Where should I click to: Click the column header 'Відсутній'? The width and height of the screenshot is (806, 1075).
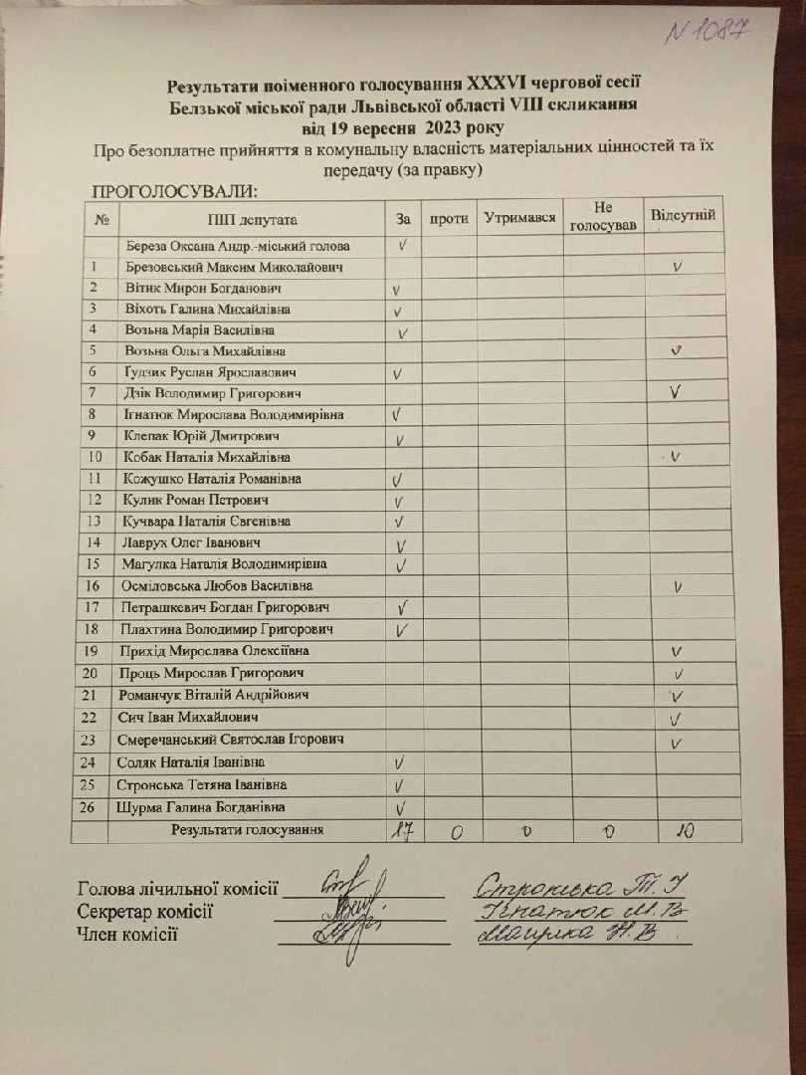click(682, 215)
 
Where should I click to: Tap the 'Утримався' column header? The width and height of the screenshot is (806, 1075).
click(519, 217)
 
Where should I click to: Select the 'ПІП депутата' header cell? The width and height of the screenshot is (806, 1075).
click(253, 220)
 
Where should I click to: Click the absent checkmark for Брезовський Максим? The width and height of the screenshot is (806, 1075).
click(677, 267)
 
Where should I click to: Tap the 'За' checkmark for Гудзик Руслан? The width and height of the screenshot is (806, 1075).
click(397, 374)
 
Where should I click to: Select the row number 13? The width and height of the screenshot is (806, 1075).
click(95, 521)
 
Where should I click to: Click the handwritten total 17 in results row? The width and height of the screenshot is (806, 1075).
click(401, 832)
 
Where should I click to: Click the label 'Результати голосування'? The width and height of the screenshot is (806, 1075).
click(247, 829)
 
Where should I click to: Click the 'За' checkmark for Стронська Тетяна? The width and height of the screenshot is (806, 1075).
click(398, 786)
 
